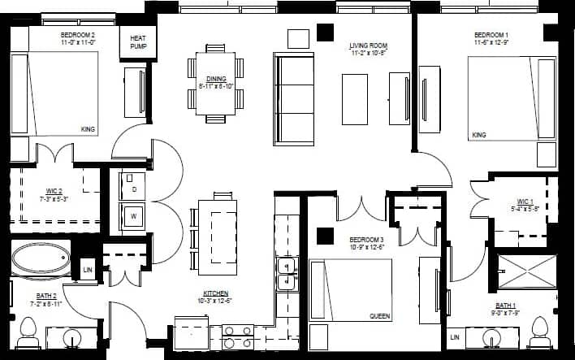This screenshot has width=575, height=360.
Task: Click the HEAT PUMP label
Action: pos(138,42)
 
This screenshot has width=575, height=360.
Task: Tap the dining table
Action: pos(216,84)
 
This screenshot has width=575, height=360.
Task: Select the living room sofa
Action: pos(294,98)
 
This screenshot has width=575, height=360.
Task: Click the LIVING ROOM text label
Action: pos(368,49)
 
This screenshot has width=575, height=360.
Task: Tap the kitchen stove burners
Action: pos(238,336)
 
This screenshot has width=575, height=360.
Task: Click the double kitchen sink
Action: pos(285,274)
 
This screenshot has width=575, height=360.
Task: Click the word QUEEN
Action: pos(380,316)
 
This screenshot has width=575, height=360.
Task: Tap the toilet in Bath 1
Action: pos(540,332)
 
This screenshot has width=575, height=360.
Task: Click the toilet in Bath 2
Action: pos(29,332)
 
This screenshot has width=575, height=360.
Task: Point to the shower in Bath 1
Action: pos(527,273)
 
